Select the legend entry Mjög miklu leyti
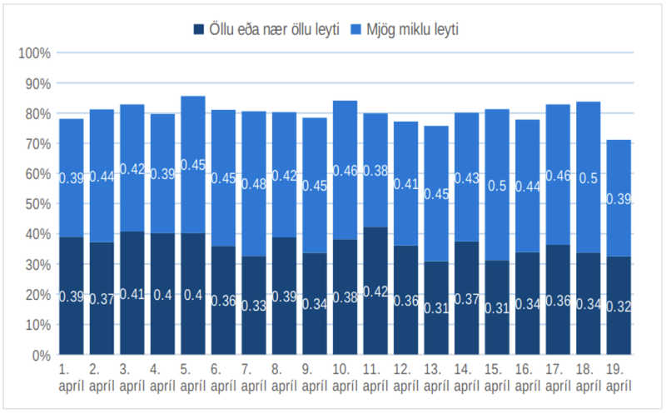409,30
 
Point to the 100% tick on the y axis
34,53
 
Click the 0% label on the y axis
40,355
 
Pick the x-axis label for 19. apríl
618,377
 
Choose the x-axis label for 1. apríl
71,377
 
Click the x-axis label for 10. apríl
345,377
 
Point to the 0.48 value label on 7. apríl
253,184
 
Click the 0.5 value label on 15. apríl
497,186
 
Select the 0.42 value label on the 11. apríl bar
375,292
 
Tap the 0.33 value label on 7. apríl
253,306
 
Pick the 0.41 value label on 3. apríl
132,293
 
